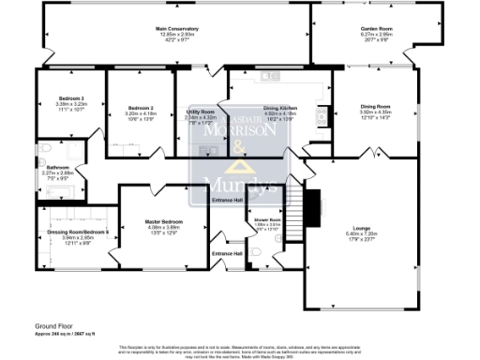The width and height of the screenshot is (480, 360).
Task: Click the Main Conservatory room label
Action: tap(176, 29)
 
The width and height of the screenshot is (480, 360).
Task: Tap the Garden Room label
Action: tap(377, 29)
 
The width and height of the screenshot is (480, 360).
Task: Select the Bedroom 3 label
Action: tap(71, 97)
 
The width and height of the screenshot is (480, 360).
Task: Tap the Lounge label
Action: tap(361, 228)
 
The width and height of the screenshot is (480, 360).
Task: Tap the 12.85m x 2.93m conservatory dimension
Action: tap(176, 35)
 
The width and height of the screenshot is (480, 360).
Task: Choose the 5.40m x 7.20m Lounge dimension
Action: tap(361, 233)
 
